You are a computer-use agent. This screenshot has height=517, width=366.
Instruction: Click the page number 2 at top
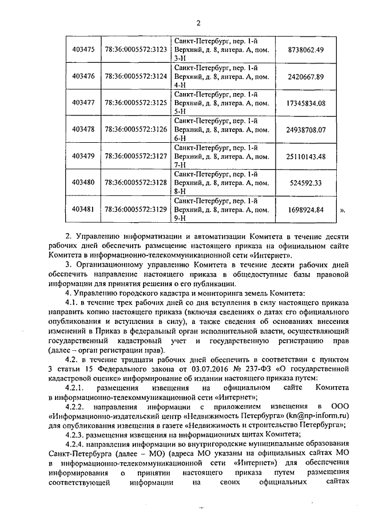[198, 23]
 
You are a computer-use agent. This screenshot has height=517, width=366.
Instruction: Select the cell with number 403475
[83, 50]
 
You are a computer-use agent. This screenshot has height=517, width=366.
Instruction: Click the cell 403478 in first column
[83, 130]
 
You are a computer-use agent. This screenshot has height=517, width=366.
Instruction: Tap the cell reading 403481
[83, 210]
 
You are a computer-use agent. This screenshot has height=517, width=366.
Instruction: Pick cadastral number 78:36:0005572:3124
[136, 77]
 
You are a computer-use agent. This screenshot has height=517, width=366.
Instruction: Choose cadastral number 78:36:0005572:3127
[136, 157]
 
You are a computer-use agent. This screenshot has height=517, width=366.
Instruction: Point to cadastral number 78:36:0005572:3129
[136, 210]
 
